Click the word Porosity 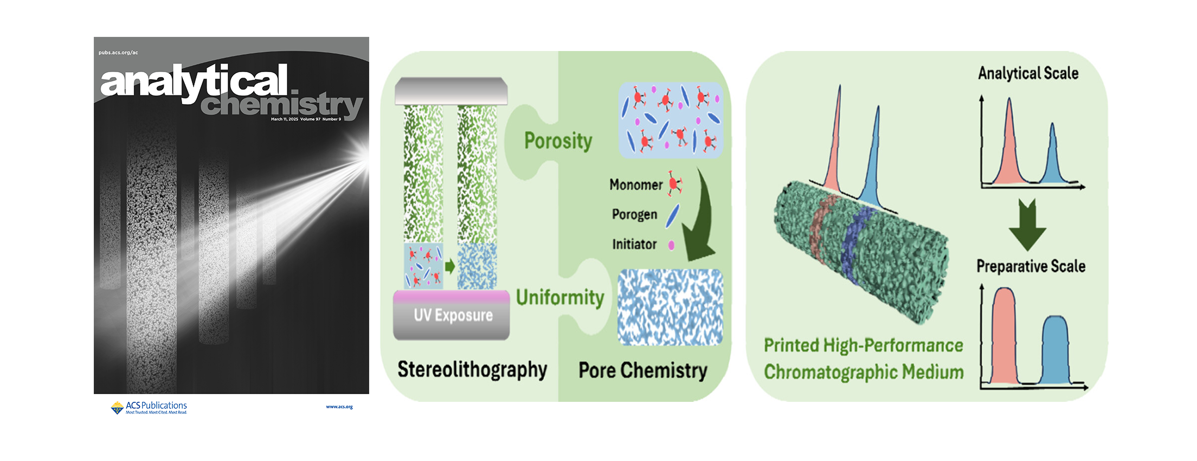coord(558,141)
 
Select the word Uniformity coord(560,298)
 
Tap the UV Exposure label coord(453,315)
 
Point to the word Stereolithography coord(472,369)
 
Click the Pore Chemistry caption coord(643,370)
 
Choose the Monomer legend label coord(636,185)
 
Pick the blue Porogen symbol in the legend coord(672,215)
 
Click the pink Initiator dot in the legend coord(671,245)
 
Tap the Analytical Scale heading coord(1028,73)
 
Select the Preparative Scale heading coord(1031,266)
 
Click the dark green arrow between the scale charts coord(1027,223)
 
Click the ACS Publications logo coord(149,407)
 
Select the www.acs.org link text coord(339,407)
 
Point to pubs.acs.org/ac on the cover coord(118,53)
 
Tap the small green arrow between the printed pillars coord(450,266)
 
